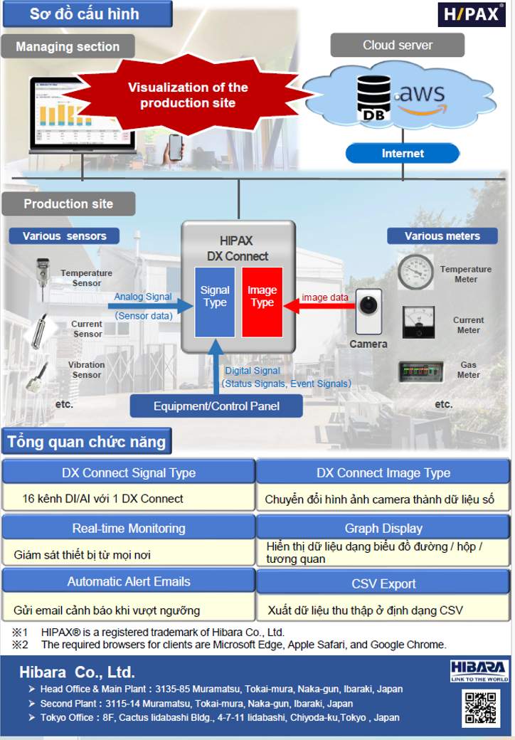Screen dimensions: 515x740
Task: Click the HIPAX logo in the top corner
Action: (x=471, y=14)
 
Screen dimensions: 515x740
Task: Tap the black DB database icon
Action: (x=373, y=98)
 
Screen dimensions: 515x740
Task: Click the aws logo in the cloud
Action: (x=421, y=97)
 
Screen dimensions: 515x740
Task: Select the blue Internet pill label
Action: (x=403, y=154)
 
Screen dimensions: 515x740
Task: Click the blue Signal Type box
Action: (x=215, y=302)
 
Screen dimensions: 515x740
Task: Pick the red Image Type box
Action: (x=262, y=302)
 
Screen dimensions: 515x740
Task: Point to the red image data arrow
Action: (x=319, y=306)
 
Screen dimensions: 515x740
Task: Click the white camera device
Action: (x=368, y=312)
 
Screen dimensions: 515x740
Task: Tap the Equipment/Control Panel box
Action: (x=216, y=406)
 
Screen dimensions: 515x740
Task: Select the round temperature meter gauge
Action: (x=415, y=272)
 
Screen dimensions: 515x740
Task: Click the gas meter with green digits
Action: (x=420, y=371)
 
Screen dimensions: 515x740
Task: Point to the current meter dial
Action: (x=418, y=322)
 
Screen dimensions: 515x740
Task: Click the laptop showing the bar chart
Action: (x=81, y=116)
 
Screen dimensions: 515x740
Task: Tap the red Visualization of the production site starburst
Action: (x=189, y=95)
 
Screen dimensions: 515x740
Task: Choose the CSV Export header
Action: (x=383, y=583)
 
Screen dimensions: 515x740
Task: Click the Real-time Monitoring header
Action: (x=129, y=528)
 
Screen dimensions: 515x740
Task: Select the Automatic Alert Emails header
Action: (x=129, y=581)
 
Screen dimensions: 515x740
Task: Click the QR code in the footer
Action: (x=480, y=707)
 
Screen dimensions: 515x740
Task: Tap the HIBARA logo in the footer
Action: (x=479, y=670)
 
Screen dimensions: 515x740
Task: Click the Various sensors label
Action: (x=64, y=236)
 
